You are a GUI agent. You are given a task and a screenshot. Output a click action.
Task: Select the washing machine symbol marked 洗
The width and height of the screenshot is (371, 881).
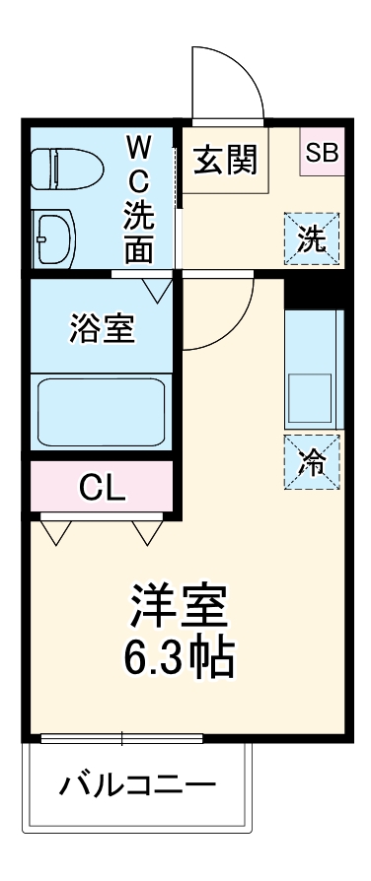[312, 239]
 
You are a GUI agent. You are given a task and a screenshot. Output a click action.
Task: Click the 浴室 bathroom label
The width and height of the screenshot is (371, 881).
[102, 328]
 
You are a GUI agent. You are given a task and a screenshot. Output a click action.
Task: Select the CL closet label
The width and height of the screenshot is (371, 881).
[103, 487]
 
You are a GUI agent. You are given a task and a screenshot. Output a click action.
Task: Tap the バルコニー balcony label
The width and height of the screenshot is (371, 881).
[137, 786]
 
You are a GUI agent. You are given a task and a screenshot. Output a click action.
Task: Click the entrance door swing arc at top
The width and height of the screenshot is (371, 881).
[227, 79]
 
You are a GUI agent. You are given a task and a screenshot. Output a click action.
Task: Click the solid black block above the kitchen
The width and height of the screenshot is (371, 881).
[313, 288]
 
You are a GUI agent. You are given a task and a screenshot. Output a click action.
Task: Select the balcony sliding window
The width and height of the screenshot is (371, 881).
[121, 737]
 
